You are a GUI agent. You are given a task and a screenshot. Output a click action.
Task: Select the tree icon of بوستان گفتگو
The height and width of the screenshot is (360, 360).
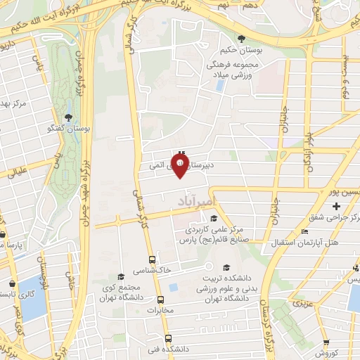click(x=68, y=117)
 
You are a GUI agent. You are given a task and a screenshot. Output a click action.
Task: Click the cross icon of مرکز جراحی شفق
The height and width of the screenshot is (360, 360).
click(x=337, y=206)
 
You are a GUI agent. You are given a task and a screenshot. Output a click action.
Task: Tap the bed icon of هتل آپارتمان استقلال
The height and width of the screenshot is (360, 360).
click(x=304, y=231)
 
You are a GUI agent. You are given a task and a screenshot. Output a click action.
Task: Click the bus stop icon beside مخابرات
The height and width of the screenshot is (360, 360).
click(x=160, y=298)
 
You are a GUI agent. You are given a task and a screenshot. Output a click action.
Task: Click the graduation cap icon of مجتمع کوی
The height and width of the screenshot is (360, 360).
click(x=120, y=276)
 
